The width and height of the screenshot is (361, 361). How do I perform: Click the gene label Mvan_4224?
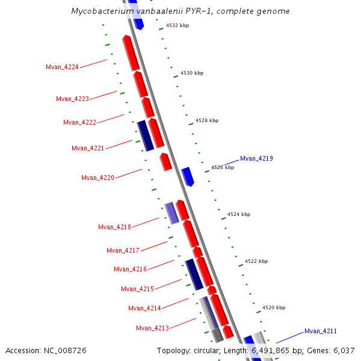coord(62,67)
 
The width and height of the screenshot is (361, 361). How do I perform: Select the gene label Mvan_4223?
coord(72,99)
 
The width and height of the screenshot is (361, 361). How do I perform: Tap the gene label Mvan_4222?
coord(79,122)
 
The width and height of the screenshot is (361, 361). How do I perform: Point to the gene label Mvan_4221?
coord(88,148)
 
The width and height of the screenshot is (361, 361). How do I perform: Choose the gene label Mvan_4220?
coord(97,177)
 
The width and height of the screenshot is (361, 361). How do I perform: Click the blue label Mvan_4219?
coord(256,159)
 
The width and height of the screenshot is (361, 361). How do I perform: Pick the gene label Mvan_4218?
coord(114,227)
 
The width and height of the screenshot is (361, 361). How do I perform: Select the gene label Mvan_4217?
coord(123,250)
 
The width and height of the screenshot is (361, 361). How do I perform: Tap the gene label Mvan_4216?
coord(130,269)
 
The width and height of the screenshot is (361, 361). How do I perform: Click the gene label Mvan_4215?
coord(137,289)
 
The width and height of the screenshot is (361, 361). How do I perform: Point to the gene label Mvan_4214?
coord(144,308)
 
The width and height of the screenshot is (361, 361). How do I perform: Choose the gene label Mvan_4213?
coord(152,328)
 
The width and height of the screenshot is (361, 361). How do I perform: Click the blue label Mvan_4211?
coord(320,331)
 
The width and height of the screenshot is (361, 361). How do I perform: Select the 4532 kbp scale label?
coord(177,26)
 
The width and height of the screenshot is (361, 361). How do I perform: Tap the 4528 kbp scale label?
coord(207,120)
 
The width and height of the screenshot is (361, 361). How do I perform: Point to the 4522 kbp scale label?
coord(256,261)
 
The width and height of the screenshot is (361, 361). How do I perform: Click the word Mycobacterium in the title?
coord(99,11)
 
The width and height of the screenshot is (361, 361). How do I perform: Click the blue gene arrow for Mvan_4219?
coord(188,176)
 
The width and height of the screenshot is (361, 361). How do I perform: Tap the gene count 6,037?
coord(344,350)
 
